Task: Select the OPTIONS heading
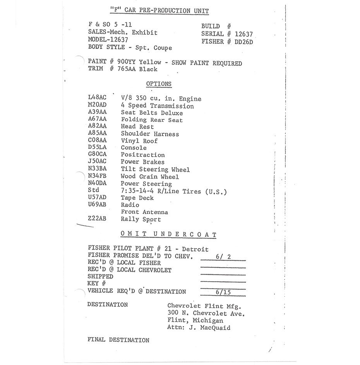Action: [159, 84]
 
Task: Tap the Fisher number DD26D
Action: [243, 42]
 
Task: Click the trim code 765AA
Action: [124, 69]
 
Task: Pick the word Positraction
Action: [143, 155]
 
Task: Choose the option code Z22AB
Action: [97, 219]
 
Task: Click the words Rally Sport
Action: [141, 219]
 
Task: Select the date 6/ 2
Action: [222, 256]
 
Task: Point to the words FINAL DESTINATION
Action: [118, 340]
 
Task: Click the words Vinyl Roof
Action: [139, 141]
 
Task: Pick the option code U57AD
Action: [97, 198]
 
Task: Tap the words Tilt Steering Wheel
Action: [155, 169]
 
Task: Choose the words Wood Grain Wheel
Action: [150, 177]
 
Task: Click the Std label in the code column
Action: [94, 190]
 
